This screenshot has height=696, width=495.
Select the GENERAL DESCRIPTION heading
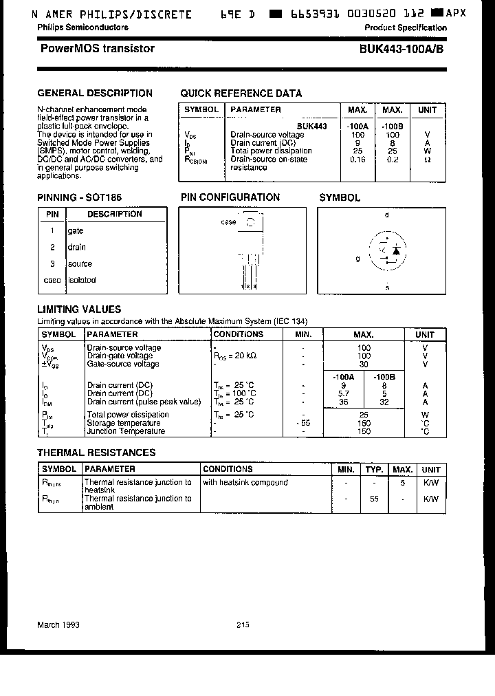pos(95,93)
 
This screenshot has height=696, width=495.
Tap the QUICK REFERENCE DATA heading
pos(241,94)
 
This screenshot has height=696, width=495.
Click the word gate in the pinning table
pos(76,231)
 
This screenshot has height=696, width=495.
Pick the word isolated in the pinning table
pos(82,280)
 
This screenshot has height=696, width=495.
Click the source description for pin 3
pos(80,263)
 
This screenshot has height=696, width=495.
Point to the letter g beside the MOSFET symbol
pos(357,259)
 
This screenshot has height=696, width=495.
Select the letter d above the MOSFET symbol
pos(387,215)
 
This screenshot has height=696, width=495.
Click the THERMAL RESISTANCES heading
pos(96,453)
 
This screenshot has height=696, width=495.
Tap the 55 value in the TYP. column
pos(374,499)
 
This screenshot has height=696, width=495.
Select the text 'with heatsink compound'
pos(245,482)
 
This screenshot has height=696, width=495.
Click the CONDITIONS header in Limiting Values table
pos(239,334)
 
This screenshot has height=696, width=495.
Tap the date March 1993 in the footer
pos(58,624)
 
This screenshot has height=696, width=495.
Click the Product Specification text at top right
pos(406,28)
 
